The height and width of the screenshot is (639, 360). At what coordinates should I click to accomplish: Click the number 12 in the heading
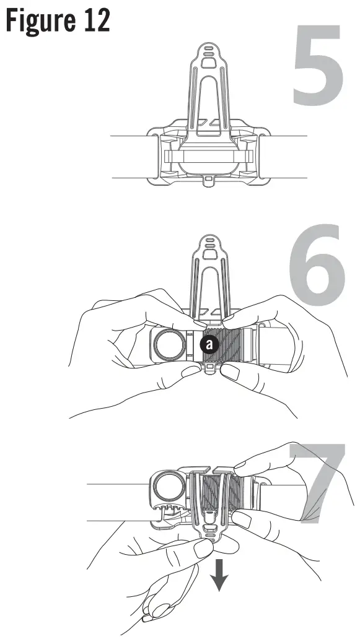click(x=94, y=21)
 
